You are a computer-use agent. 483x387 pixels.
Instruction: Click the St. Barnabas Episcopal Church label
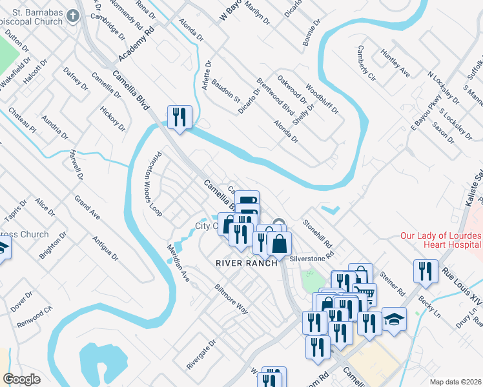tap(34, 19)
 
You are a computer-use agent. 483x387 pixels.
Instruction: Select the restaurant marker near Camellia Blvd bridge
tap(179, 117)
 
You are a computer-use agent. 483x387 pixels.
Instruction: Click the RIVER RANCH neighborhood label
tap(247, 263)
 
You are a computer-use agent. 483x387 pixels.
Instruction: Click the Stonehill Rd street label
tap(318, 235)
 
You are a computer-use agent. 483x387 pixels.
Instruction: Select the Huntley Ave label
tap(395, 63)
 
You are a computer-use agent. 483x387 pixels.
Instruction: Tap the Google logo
tap(21, 379)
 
